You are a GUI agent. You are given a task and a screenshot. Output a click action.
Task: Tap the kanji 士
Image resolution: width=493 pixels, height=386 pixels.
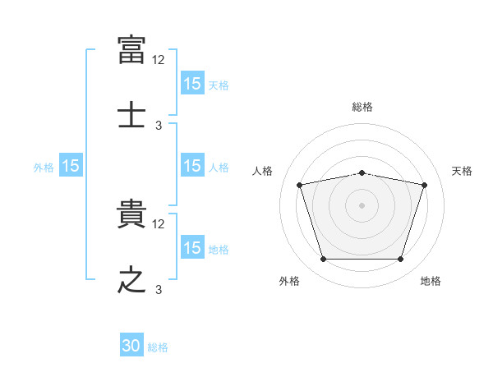[x=132, y=113]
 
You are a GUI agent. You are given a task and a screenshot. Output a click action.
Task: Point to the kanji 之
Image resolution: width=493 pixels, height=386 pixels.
[x=132, y=278]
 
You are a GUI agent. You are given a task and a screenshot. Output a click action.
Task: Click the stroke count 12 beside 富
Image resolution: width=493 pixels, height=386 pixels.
[x=159, y=59]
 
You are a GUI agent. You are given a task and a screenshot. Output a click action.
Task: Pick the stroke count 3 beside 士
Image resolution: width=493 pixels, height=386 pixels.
[x=159, y=125]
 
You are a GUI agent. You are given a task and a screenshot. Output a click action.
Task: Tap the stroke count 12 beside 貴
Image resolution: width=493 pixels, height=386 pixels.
[x=159, y=223]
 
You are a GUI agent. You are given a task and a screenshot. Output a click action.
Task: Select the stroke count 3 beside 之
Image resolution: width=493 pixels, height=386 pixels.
[x=159, y=289]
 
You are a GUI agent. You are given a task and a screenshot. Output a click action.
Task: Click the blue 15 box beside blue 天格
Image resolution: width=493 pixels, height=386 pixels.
[x=192, y=84]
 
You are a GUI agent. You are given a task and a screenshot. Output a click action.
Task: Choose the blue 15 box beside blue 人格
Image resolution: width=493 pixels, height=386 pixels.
[x=192, y=166]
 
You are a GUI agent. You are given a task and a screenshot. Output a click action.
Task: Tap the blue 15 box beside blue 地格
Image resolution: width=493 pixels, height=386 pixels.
[x=192, y=248]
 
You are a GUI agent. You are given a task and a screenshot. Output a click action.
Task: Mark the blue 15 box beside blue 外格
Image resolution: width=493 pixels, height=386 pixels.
[x=71, y=166]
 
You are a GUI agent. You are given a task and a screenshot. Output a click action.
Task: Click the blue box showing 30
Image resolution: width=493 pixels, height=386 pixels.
[x=131, y=347]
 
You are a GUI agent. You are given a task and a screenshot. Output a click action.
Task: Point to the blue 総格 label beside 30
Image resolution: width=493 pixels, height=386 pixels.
[x=158, y=347]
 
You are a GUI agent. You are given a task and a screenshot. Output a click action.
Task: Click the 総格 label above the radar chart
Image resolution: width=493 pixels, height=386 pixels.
[x=362, y=107]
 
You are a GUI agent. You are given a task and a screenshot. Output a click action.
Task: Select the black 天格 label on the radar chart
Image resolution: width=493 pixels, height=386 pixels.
[x=463, y=171]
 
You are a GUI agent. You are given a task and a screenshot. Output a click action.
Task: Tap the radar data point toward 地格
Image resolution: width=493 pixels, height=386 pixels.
[x=400, y=260]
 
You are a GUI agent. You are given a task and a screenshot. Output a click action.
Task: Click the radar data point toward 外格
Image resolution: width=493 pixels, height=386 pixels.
[x=323, y=260]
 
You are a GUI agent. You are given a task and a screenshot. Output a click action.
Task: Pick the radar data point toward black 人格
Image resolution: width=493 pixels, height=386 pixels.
[x=299, y=186]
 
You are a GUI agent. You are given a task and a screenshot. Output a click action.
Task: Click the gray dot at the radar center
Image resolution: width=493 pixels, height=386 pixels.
[x=362, y=205]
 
